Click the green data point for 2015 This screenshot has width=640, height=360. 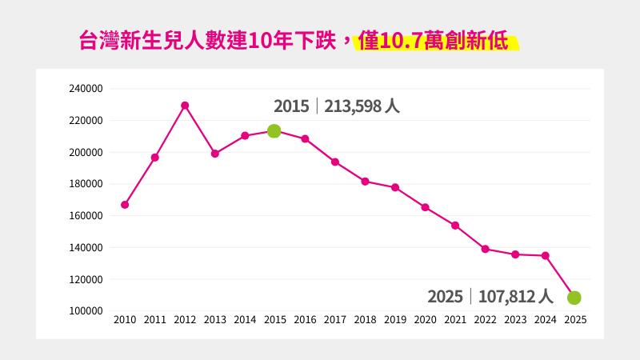[274, 131]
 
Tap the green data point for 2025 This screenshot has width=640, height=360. [574, 298]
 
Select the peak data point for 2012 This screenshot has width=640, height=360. [185, 106]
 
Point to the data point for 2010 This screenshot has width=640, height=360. [125, 205]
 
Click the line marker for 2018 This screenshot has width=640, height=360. [365, 182]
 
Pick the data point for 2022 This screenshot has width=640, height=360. [485, 249]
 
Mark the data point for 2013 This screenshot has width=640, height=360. [214, 154]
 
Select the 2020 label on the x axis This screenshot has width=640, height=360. [425, 320]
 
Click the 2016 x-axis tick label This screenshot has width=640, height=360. [305, 320]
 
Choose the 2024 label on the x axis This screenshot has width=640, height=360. [545, 320]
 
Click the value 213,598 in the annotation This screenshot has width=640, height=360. [353, 106]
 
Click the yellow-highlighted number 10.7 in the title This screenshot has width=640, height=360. [404, 41]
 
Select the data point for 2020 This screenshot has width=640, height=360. [425, 207]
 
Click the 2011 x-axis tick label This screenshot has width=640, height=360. [154, 320]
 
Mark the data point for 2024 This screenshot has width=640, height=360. [545, 255]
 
